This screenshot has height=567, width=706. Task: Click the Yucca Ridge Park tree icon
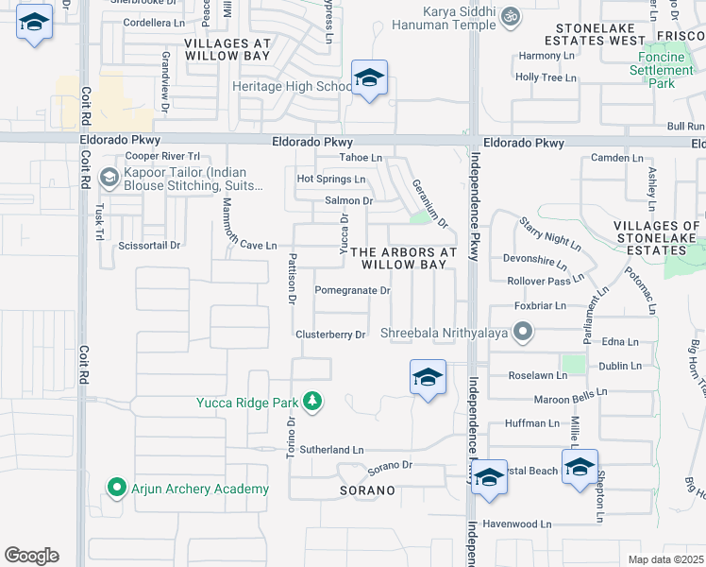pyautogui.click(x=312, y=403)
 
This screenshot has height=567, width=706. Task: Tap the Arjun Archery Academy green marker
pyautogui.click(x=117, y=488)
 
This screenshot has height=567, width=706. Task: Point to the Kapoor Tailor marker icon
pyautogui.click(x=109, y=177)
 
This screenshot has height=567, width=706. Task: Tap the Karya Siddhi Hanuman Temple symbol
pyautogui.click(x=511, y=16)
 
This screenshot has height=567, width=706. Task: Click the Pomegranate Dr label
pyautogui.click(x=352, y=290)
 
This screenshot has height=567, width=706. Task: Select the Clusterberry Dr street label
pyautogui.click(x=329, y=335)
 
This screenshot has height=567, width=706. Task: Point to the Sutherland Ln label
pyautogui.click(x=331, y=451)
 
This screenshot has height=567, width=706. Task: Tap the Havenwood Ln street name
pyautogui.click(x=516, y=524)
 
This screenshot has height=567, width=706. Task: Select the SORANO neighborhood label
pyautogui.click(x=367, y=490)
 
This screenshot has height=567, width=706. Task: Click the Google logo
pyautogui.click(x=31, y=555)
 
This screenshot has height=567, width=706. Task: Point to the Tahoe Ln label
pyautogui.click(x=361, y=157)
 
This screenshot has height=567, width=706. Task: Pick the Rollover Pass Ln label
pyautogui.click(x=539, y=281)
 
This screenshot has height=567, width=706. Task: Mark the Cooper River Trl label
pyautogui.click(x=163, y=156)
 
